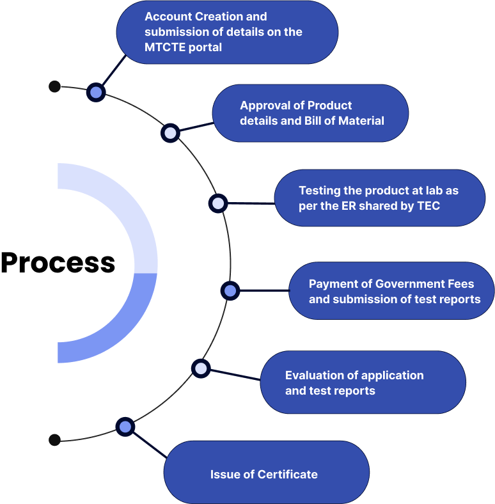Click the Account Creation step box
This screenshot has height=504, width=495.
click(x=227, y=32)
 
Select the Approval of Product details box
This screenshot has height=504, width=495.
click(x=310, y=113)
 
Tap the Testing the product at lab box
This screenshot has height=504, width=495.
click(x=379, y=198)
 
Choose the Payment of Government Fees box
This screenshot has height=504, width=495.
click(x=391, y=291)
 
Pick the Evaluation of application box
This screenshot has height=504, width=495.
click(x=363, y=382)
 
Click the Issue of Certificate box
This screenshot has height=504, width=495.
click(x=266, y=474)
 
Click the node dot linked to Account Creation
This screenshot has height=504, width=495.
click(x=96, y=92)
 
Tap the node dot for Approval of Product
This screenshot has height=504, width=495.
click(x=170, y=133)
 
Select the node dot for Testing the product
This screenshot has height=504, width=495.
click(x=218, y=203)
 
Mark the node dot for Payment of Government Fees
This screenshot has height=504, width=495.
click(x=230, y=291)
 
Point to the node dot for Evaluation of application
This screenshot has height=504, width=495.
click(x=201, y=368)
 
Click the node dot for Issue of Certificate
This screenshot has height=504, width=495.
click(x=125, y=427)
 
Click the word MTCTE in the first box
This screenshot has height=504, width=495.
click(x=166, y=47)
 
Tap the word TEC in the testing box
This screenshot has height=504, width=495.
click(x=428, y=206)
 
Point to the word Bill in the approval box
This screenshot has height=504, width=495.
click(x=324, y=120)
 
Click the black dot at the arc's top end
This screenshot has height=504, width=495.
click(x=54, y=86)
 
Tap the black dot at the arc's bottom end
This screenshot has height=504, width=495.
click(x=54, y=440)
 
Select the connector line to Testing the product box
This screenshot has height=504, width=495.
click(x=251, y=203)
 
